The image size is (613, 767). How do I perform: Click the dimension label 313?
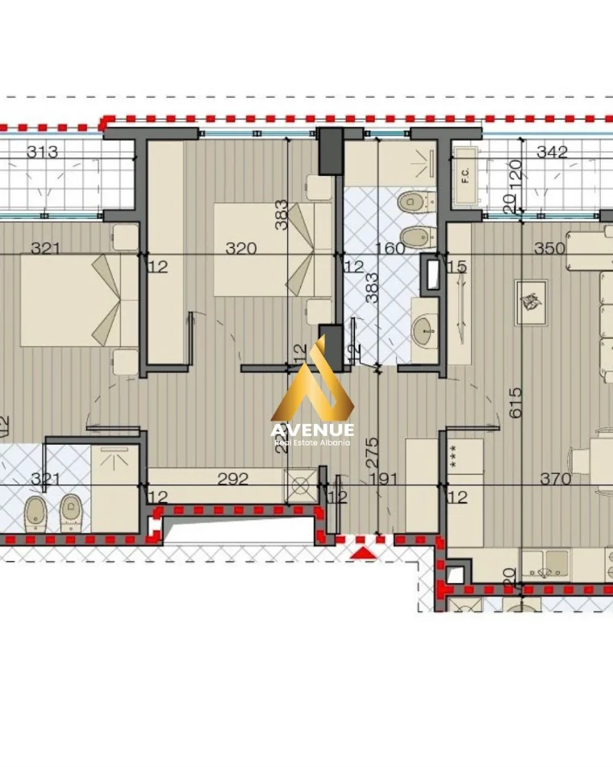43,153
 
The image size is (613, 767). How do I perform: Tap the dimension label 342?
552,152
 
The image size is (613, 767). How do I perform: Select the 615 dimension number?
516,401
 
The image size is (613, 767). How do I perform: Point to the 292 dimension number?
234,479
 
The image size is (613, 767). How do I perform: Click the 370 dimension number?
555,479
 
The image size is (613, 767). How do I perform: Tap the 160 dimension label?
390,249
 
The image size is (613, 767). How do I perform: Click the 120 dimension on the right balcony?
516,172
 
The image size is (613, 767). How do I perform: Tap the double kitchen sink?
543,568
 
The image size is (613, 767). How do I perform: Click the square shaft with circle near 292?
300,485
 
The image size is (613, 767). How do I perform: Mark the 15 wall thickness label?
457,266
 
